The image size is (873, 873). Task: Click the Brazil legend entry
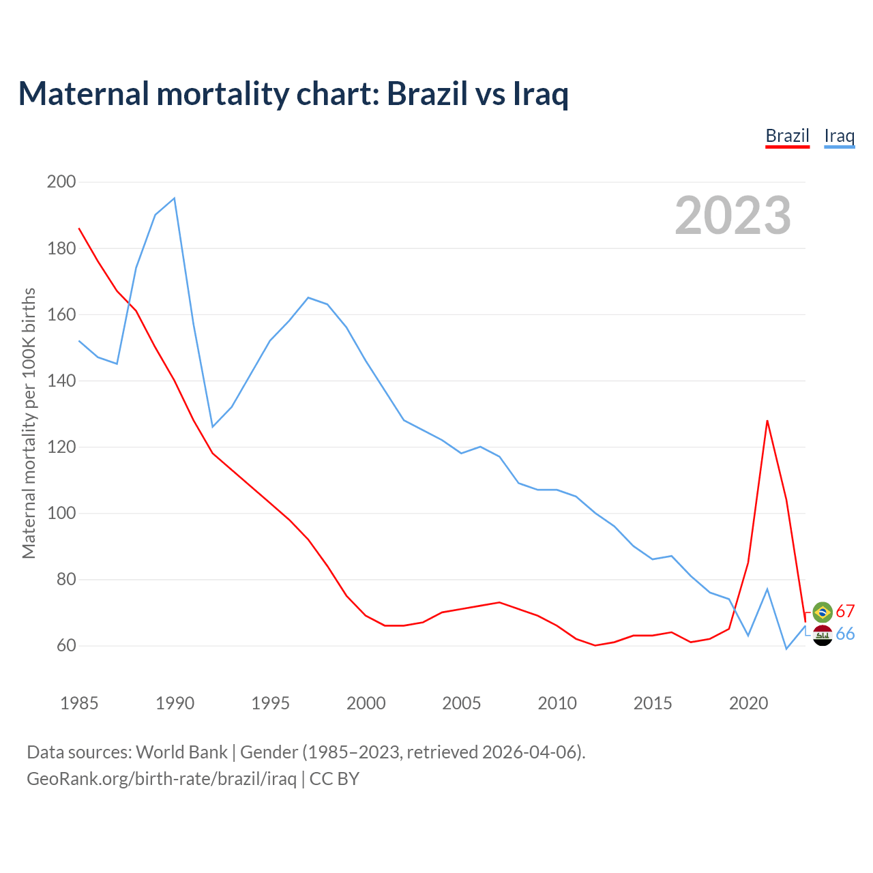tap(787, 136)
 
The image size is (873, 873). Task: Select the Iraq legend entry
tap(839, 136)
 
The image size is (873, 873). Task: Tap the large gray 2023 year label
tap(733, 216)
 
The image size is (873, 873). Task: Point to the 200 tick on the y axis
tap(61, 182)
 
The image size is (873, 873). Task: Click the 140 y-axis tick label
tap(61, 381)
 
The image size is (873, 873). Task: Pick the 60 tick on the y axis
tap(65, 646)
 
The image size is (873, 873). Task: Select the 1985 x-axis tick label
tap(79, 703)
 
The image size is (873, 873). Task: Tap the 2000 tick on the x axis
tap(366, 703)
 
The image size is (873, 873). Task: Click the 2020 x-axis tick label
tap(748, 703)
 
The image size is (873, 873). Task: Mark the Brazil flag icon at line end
tap(823, 612)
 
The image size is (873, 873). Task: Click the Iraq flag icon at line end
tap(823, 635)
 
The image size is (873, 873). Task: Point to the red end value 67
tap(845, 611)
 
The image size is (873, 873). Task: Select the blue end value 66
tap(845, 634)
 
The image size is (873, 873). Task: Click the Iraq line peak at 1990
tap(175, 198)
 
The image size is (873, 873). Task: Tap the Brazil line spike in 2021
tap(767, 421)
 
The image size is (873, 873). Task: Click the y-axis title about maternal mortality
tap(29, 423)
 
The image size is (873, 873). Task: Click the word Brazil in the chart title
tap(426, 93)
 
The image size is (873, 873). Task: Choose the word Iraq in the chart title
tap(539, 93)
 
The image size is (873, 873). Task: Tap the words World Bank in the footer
tap(181, 752)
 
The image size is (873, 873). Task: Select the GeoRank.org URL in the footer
tap(162, 779)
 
